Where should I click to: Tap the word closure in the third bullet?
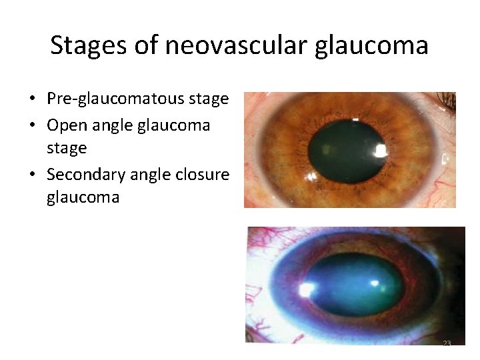coord(201,174)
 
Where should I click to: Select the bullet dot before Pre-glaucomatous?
coord(32,100)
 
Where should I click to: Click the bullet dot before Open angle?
coord(32,125)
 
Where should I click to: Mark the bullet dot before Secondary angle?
coord(32,175)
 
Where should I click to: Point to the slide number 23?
coord(447,343)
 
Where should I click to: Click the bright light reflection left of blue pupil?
coord(308,289)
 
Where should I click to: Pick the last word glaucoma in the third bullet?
coord(83,198)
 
